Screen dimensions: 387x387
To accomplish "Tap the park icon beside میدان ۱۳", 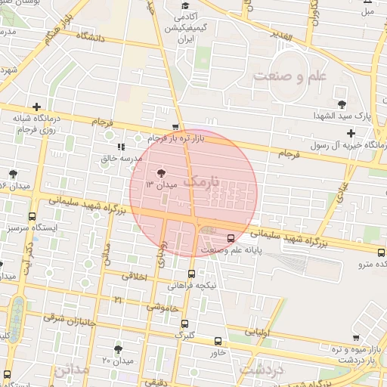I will pos(159,173).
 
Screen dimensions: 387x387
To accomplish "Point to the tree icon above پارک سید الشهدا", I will pos(342,104).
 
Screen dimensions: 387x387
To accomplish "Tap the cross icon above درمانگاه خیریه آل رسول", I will pos(351,133).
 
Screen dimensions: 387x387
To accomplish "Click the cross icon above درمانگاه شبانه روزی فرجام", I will pos(36,107).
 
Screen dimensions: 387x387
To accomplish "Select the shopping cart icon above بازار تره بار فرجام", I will pos(176,127).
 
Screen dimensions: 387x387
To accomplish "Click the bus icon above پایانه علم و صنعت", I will pos(231,237).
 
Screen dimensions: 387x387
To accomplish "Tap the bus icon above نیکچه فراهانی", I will pos(190,274).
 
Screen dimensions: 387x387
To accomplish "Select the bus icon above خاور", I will pos(218,341).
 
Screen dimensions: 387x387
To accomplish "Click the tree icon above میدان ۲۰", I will pos(118,348).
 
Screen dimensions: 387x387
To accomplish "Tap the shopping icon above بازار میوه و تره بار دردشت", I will pos(355,338).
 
